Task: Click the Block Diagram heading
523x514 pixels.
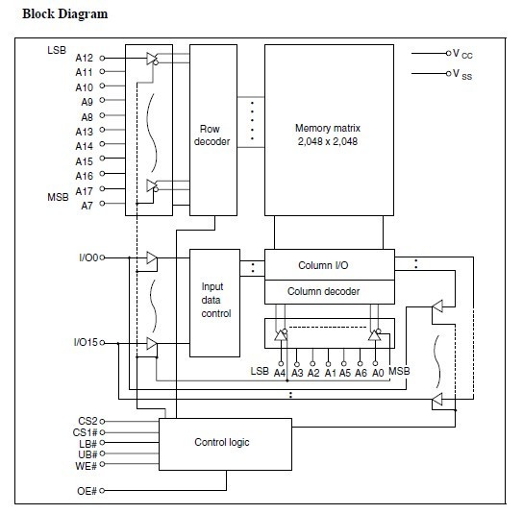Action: point(65,14)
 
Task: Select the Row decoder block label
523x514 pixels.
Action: point(212,135)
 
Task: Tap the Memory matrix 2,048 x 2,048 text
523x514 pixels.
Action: point(328,135)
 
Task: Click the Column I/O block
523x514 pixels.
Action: point(330,264)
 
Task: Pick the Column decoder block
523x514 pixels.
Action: point(330,292)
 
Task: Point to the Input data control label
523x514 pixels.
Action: point(215,300)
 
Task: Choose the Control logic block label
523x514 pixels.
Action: point(222,442)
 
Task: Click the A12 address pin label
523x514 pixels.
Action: point(84,58)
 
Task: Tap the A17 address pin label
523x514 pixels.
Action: point(84,191)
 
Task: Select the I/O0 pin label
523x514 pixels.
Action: point(88,257)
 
